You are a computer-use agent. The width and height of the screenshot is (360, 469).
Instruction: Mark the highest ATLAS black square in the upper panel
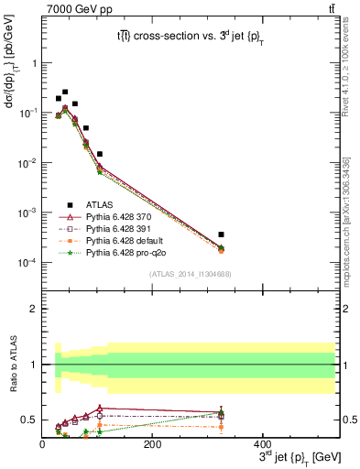64,92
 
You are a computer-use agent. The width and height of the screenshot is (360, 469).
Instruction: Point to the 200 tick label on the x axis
153,443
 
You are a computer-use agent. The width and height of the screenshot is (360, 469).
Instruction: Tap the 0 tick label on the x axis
43,443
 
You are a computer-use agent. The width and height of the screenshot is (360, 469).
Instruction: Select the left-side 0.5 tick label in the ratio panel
30,420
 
